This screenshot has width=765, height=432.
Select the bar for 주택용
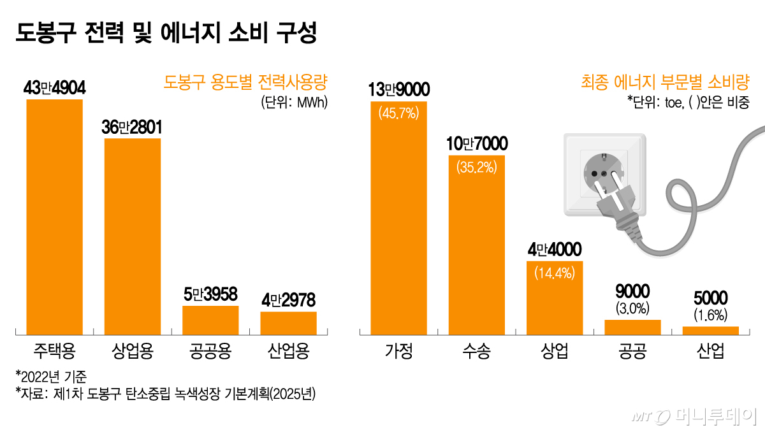click(x=54, y=217)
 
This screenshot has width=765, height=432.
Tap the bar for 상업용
click(x=133, y=236)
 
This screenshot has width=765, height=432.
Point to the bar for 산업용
click(x=288, y=322)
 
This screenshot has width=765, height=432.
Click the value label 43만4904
click(x=54, y=88)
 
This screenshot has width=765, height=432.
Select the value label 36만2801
click(x=133, y=127)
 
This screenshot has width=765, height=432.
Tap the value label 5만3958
click(x=210, y=294)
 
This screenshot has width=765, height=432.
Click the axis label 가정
click(x=399, y=351)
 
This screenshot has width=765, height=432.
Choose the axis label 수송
click(x=477, y=351)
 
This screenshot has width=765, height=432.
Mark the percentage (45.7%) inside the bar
click(x=398, y=114)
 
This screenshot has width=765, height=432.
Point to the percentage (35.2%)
click(x=477, y=168)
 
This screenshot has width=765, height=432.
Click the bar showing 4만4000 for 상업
click(x=555, y=298)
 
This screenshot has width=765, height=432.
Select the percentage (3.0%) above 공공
click(x=632, y=309)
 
